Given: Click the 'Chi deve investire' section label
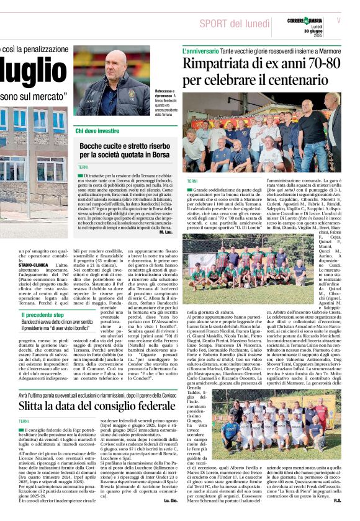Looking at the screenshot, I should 97,131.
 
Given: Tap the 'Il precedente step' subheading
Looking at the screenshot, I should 47,315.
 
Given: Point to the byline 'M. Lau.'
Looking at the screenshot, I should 164,231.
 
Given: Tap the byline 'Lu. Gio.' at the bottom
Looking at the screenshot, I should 169,516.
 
